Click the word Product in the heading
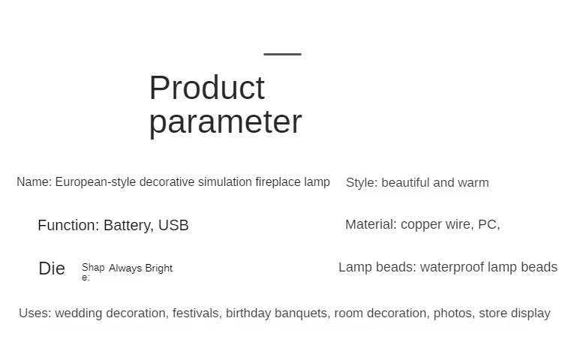pos(207,88)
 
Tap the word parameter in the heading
pos(225,122)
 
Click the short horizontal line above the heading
pos(282,54)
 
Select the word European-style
pos(95,182)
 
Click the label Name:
pos(35,182)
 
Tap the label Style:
pos(362,183)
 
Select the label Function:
pos(68,225)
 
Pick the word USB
pos(173,225)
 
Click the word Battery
pos(128,226)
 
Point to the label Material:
pos(371,224)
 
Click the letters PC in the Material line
pos(487,224)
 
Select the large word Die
pos(52,268)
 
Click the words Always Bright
pos(141,268)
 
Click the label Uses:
pos(35,313)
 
